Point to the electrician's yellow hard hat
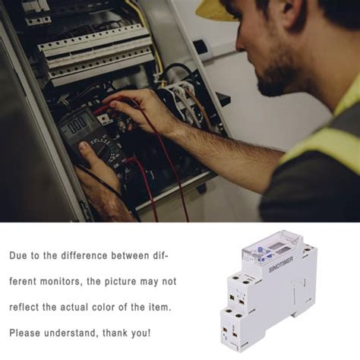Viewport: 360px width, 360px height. pyautogui.click(x=216, y=8)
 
